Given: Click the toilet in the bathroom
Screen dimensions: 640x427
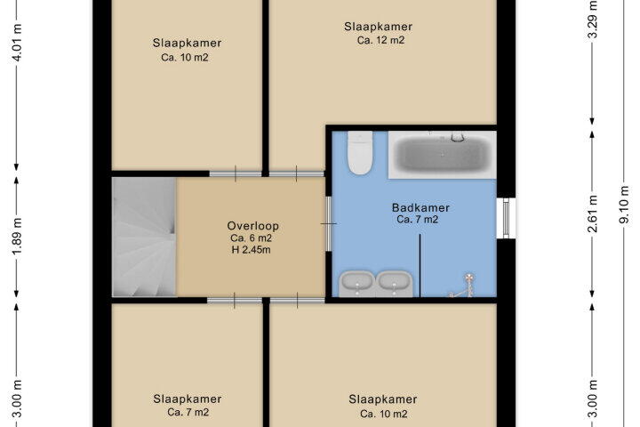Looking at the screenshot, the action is coord(360,153).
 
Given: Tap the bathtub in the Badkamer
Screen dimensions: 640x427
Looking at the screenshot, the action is coord(443,155).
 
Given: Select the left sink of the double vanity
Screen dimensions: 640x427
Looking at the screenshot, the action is coord(356,282).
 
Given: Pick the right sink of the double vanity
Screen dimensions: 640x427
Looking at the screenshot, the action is coord(394,282).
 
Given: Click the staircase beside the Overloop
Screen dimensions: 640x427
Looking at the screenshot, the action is coord(144,237).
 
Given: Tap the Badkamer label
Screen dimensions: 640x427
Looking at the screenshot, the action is coord(420,207).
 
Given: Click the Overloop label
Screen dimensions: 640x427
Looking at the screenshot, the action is coord(253,226).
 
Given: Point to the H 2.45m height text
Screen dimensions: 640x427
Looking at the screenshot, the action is coord(251,250).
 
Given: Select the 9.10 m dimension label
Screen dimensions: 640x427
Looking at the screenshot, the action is coord(623,205).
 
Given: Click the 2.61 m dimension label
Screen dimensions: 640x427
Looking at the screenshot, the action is coord(592,213).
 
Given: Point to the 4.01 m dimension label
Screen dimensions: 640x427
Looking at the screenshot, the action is coord(16,42).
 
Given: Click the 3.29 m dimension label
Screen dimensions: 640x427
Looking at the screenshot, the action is coord(592,20).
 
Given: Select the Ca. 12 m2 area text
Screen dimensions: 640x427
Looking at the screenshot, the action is coord(380,40).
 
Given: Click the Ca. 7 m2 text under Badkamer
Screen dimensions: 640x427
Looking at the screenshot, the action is coord(418,220).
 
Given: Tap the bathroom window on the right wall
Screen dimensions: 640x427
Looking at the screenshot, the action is coord(506,218).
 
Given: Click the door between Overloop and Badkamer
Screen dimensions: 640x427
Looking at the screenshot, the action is coord(328,224).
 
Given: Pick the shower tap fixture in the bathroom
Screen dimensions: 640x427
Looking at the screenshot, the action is coord(464,286).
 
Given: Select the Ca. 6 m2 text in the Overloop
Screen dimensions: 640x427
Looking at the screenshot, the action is coord(251,238).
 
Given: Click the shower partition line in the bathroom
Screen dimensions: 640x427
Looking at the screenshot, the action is coord(420,265).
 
